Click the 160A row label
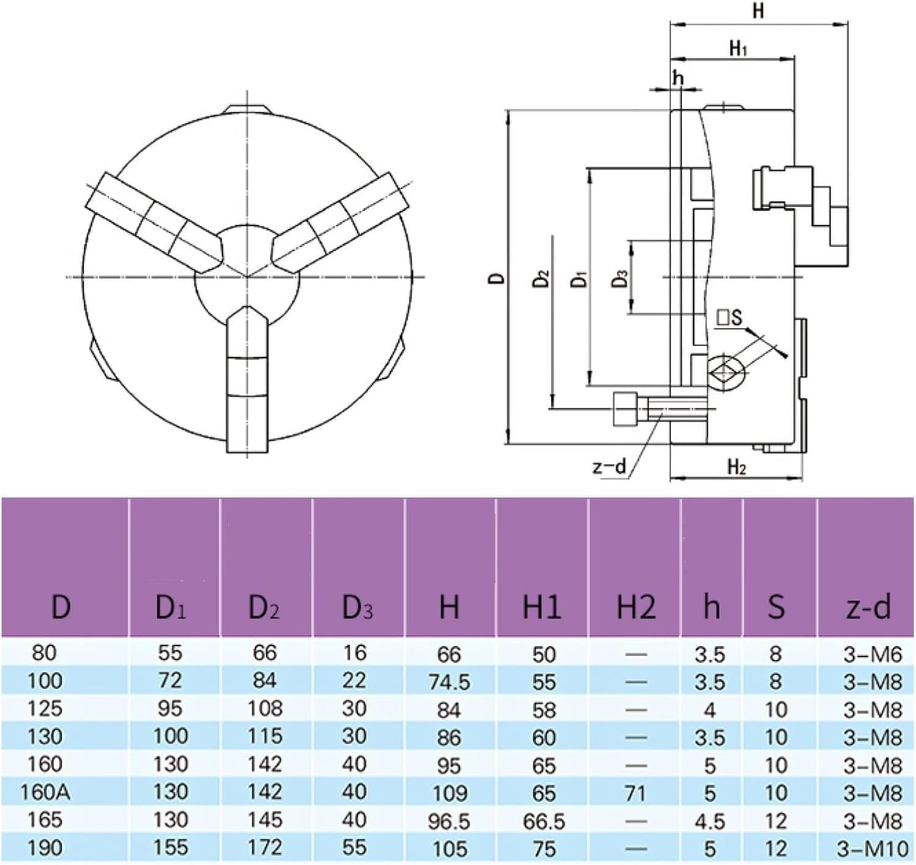[x=45, y=792]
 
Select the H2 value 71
[x=636, y=793]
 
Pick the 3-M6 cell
[x=873, y=654]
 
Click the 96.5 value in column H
[x=449, y=821]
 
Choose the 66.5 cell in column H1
[x=543, y=821]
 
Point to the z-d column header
[x=868, y=607]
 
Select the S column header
[x=776, y=607]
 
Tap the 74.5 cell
[x=449, y=682]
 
